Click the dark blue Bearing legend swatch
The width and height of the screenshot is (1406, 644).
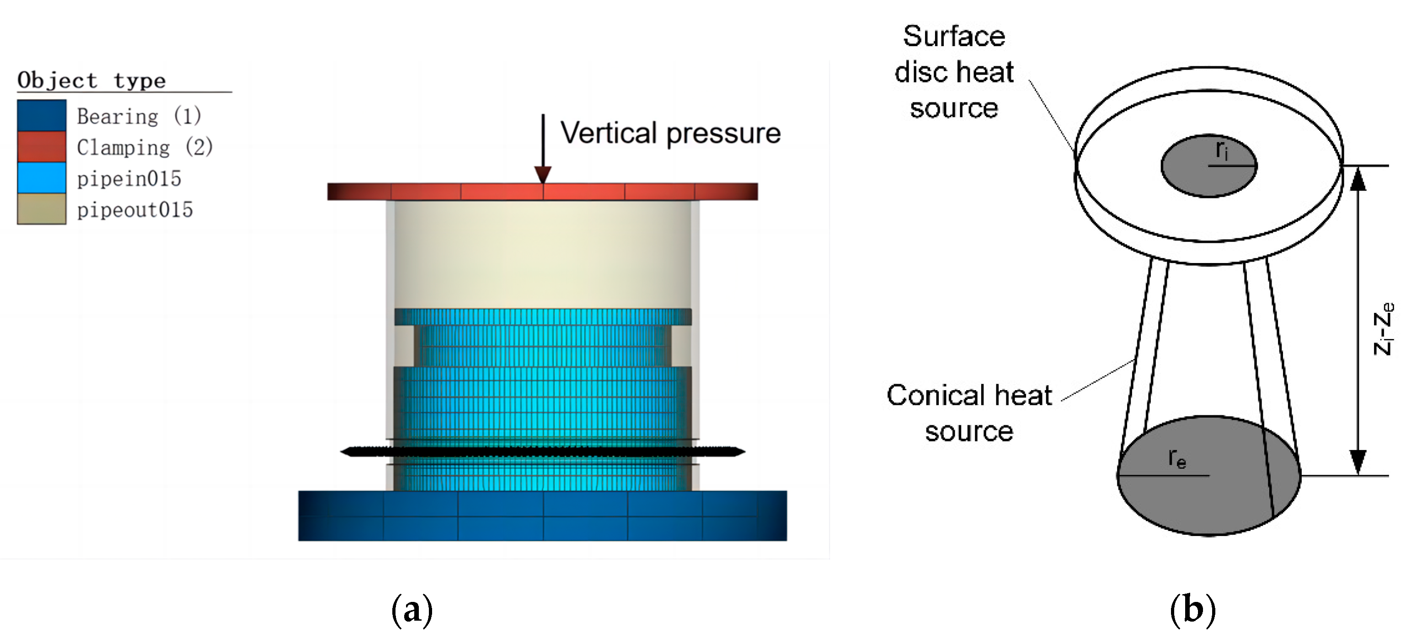[42, 115]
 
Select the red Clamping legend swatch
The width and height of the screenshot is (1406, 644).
[42, 146]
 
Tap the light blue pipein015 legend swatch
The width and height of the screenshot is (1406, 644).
[42, 177]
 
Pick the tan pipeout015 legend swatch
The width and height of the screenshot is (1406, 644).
[42, 209]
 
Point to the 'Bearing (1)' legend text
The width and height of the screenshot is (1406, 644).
[139, 116]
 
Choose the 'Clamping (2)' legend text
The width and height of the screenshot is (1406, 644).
[144, 147]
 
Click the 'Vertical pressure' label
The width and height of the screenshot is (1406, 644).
[670, 133]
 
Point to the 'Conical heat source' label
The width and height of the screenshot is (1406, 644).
[969, 413]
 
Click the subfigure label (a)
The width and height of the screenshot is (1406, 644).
[412, 610]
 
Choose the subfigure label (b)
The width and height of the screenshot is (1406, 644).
[1192, 610]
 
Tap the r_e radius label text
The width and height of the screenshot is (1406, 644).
[1177, 458]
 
